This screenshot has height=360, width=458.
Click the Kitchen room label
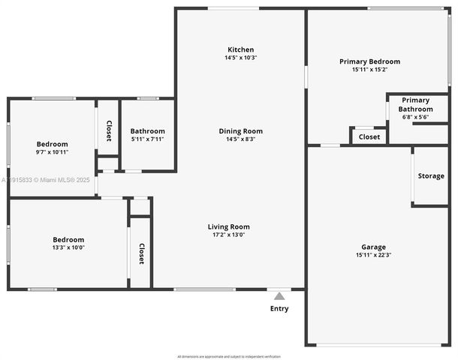pos(241,49)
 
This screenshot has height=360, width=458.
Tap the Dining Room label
pos(241,131)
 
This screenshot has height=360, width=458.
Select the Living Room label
pos(229,226)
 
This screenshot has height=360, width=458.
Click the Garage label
pos(373,247)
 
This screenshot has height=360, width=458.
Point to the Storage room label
pos(431,176)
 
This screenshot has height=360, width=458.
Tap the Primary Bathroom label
pos(415,104)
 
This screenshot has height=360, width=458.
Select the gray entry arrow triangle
pos(279,296)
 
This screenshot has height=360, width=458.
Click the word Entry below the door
pos(279,308)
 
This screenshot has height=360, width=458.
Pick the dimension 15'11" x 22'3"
pos(373,255)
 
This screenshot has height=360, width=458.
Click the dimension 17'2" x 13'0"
pos(229,235)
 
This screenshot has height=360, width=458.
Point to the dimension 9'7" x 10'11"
pos(53,152)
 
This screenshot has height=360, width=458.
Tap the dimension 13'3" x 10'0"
pos(68,247)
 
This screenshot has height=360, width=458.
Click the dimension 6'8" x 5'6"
pos(415,117)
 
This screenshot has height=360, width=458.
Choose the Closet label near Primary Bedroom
pos(369,137)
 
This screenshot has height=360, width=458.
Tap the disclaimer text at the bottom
pos(229,356)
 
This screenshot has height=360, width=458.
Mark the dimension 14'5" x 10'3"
pos(241,58)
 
